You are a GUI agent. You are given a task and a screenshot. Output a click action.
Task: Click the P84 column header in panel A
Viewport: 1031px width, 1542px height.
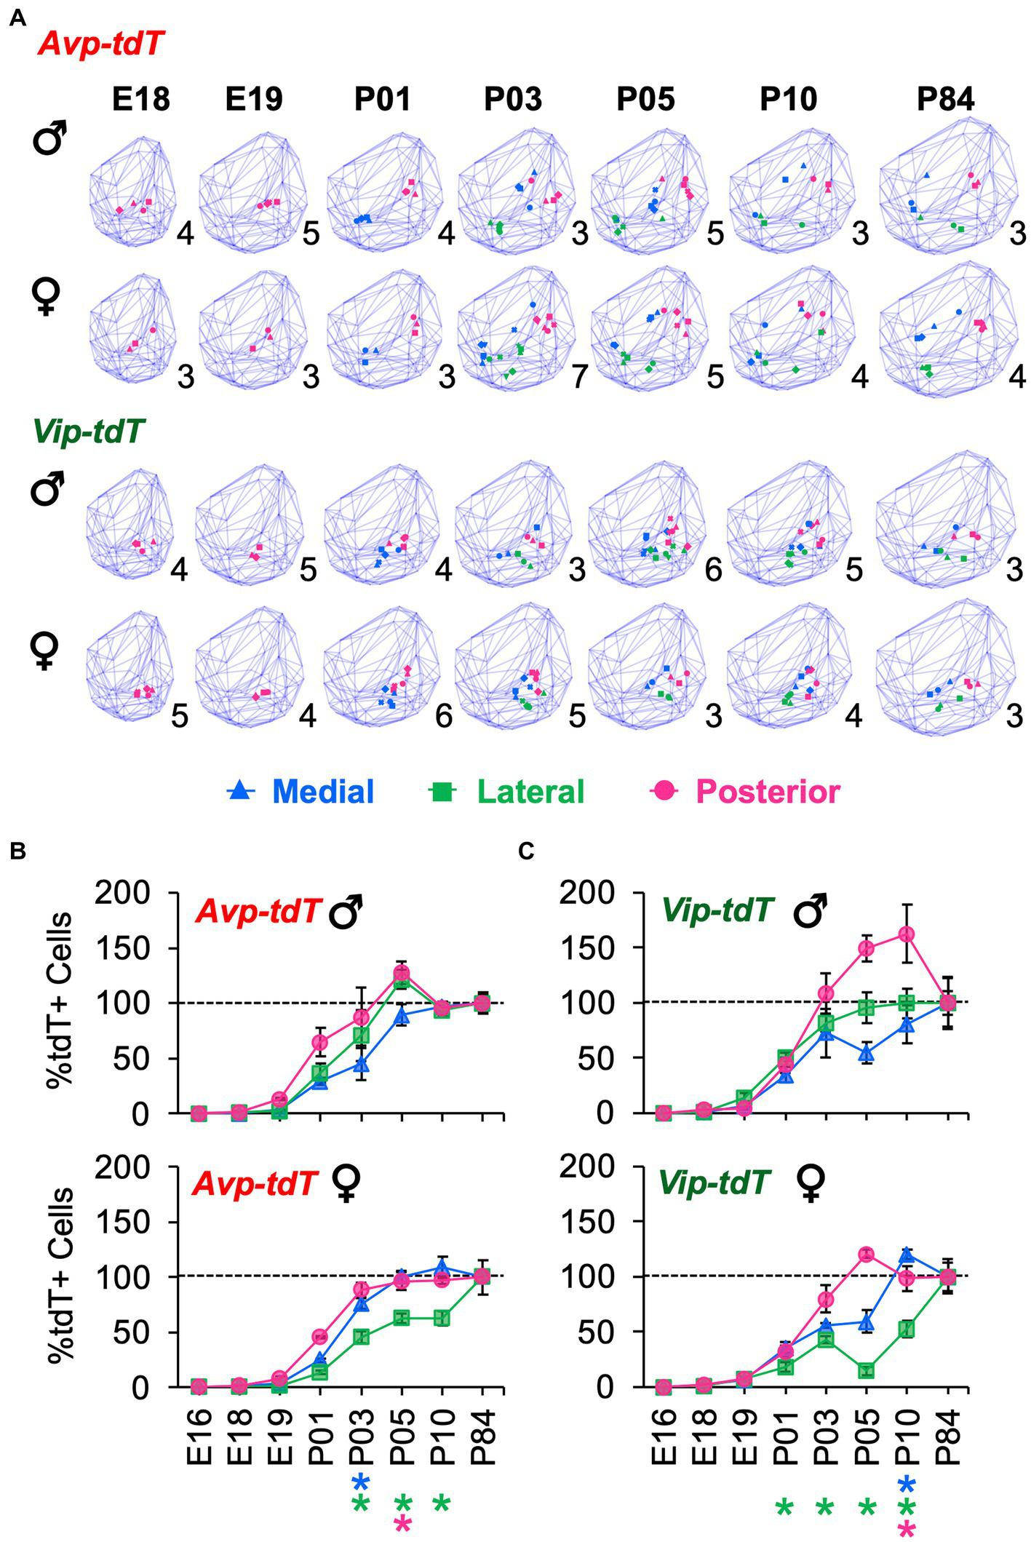click(x=944, y=99)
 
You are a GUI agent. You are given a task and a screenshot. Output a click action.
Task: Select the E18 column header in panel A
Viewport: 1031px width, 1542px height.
click(x=140, y=99)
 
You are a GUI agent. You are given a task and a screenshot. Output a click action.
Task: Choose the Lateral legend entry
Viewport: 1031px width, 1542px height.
click(x=507, y=791)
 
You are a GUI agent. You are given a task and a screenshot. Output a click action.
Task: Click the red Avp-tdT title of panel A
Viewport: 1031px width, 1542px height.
click(x=100, y=44)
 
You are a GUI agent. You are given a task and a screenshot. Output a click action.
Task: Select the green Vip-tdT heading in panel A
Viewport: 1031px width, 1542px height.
click(x=88, y=432)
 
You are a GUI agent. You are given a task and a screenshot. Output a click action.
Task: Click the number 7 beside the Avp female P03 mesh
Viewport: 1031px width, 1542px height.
click(x=579, y=376)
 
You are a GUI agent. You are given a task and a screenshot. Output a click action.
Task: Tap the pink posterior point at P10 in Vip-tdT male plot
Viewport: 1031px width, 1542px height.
click(x=907, y=934)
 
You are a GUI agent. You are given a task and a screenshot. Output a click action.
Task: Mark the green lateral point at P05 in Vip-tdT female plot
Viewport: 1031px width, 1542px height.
click(x=866, y=1371)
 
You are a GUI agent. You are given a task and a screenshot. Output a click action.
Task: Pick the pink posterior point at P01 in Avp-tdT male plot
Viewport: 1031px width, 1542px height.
click(x=320, y=1042)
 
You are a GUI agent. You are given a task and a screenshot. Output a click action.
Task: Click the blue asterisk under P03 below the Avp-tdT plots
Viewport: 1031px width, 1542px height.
click(x=361, y=1482)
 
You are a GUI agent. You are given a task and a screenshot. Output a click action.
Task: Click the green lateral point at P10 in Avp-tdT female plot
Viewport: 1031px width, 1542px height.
click(x=442, y=1318)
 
